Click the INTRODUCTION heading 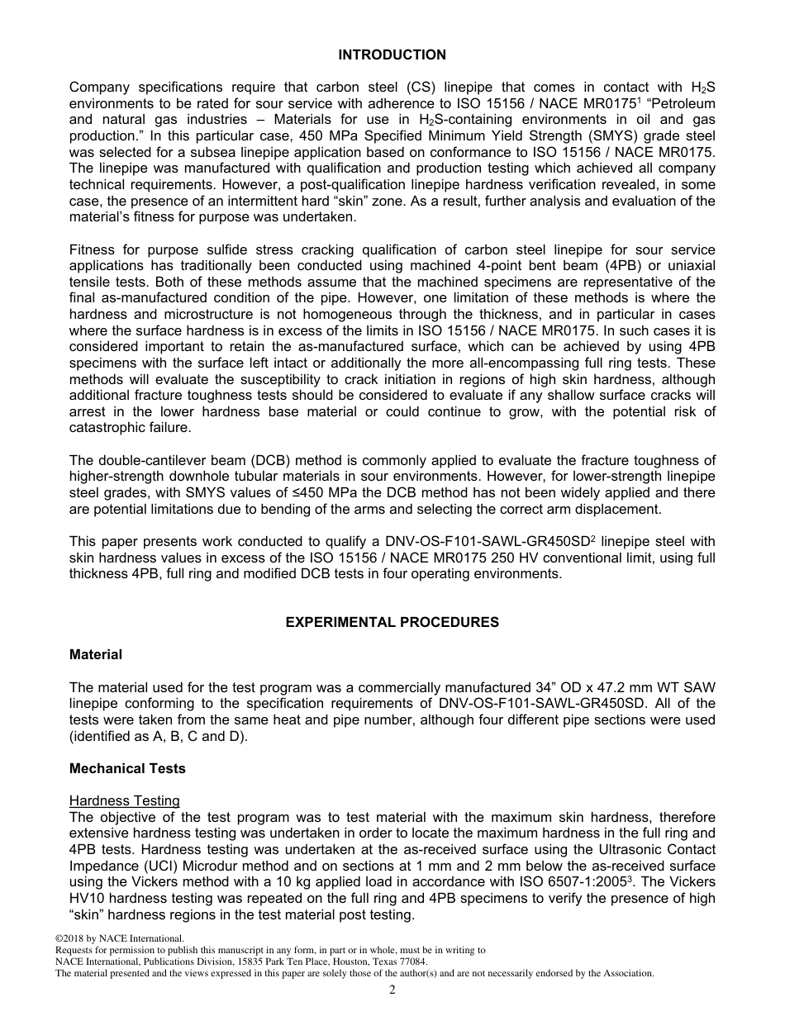point(392,55)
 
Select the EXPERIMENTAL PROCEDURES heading point(392,623)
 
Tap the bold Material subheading point(95,655)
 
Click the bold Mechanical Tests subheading point(127,769)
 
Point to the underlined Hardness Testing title point(124,801)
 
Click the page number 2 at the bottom point(392,990)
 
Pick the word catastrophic point(107,429)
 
